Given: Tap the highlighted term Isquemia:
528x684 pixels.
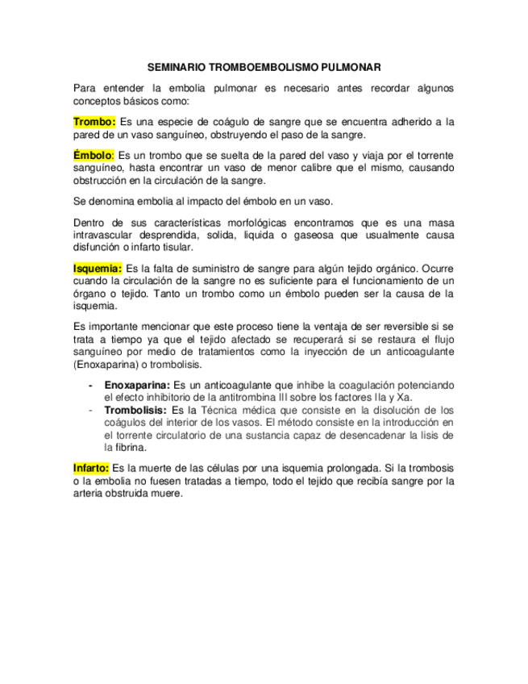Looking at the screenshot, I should [x=98, y=268].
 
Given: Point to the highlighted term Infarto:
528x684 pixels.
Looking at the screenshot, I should [x=91, y=468].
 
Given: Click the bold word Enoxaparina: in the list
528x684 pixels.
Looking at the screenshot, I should [x=136, y=386].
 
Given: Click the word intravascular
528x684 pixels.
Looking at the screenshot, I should [x=104, y=235].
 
